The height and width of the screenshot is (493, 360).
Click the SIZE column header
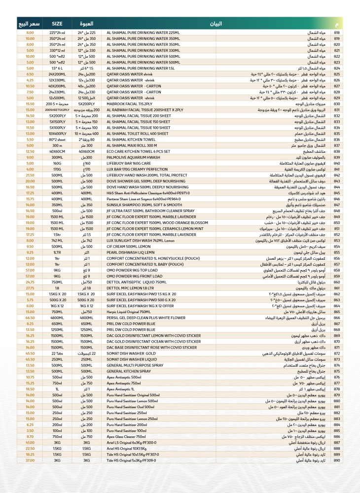pyautogui.click(x=57, y=23)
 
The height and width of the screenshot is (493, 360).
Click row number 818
pyautogui.click(x=337, y=32)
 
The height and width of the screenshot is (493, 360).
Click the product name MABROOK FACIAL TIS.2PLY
pyautogui.click(x=127, y=104)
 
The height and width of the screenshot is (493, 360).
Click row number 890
pyautogui.click(x=337, y=460)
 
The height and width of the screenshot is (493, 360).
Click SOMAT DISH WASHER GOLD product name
pyautogui.click(x=129, y=353)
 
